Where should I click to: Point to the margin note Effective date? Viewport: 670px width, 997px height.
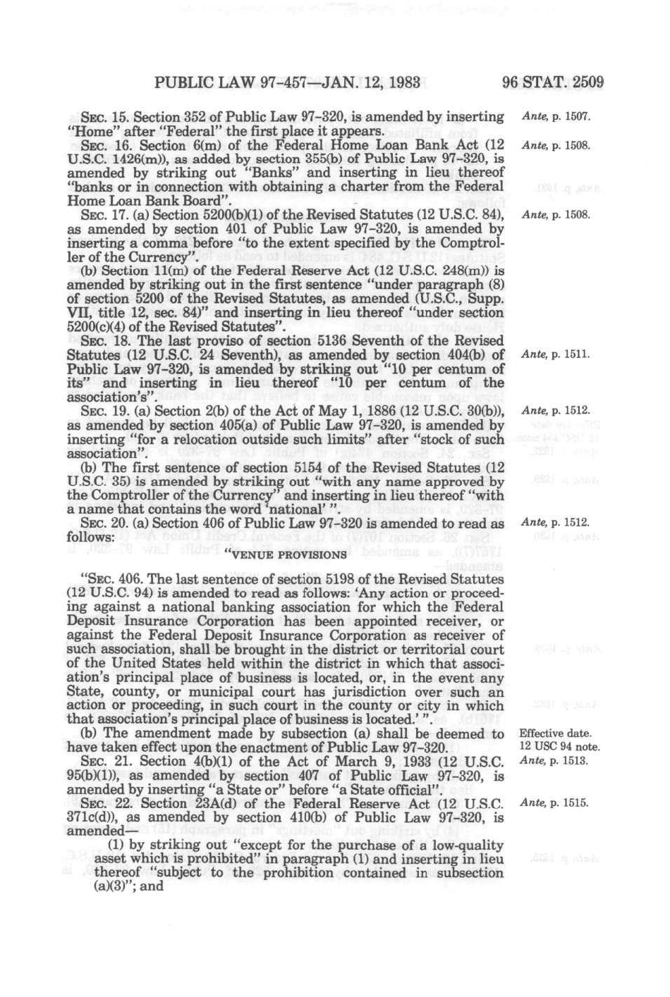click(x=555, y=733)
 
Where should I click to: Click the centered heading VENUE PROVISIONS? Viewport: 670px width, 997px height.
click(x=285, y=555)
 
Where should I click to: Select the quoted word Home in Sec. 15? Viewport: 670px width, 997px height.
click(x=86, y=131)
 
